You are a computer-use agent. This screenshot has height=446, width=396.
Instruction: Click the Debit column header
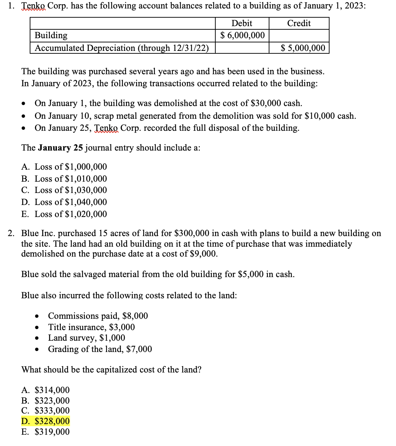coord(242,23)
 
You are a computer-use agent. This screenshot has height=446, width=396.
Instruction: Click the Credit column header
coord(299,23)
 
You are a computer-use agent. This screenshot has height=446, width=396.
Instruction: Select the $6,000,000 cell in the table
coord(242,35)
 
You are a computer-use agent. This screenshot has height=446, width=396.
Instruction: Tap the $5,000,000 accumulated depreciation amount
coord(303,48)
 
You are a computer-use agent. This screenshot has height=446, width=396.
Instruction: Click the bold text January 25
coord(60,148)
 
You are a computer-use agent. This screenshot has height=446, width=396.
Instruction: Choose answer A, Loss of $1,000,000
coord(64,167)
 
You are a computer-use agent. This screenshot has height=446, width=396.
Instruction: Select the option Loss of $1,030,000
coord(64,190)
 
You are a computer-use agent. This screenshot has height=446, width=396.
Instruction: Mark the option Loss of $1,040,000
coord(64,202)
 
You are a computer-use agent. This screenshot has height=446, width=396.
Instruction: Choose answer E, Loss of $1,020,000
coord(64,214)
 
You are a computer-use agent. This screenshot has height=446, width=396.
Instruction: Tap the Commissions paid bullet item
coord(98,316)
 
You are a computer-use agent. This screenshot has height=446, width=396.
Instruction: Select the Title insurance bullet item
coord(91,327)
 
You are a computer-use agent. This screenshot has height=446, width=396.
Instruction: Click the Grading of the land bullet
coord(100,349)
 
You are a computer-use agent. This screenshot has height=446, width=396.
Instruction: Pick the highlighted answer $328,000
coord(46,421)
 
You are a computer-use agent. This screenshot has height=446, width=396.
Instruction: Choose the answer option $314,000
coord(46,390)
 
